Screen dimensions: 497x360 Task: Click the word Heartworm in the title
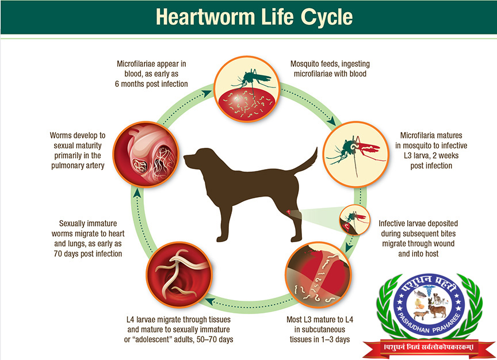click(x=205, y=17)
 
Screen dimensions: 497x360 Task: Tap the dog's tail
click(x=305, y=162)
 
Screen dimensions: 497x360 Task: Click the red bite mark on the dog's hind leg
click(x=289, y=212)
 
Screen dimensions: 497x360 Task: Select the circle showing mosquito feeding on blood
click(x=247, y=89)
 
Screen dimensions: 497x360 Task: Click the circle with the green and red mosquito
click(x=355, y=154)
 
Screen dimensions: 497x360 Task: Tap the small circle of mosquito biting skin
click(x=355, y=220)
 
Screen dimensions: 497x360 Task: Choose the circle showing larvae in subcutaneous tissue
click(x=318, y=275)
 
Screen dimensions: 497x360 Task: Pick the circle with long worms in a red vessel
click(x=179, y=275)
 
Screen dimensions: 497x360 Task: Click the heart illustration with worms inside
click(x=146, y=154)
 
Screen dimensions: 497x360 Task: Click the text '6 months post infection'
click(x=151, y=84)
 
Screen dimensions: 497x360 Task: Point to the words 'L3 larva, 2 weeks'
click(x=431, y=156)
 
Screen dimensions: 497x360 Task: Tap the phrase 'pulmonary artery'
click(x=78, y=166)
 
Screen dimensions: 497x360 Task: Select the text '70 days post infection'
click(x=88, y=254)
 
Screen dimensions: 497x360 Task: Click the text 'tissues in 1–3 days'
click(x=319, y=339)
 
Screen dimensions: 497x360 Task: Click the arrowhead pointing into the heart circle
click(x=136, y=192)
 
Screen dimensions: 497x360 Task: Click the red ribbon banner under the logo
click(x=429, y=347)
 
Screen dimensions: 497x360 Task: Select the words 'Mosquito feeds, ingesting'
click(x=330, y=64)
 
